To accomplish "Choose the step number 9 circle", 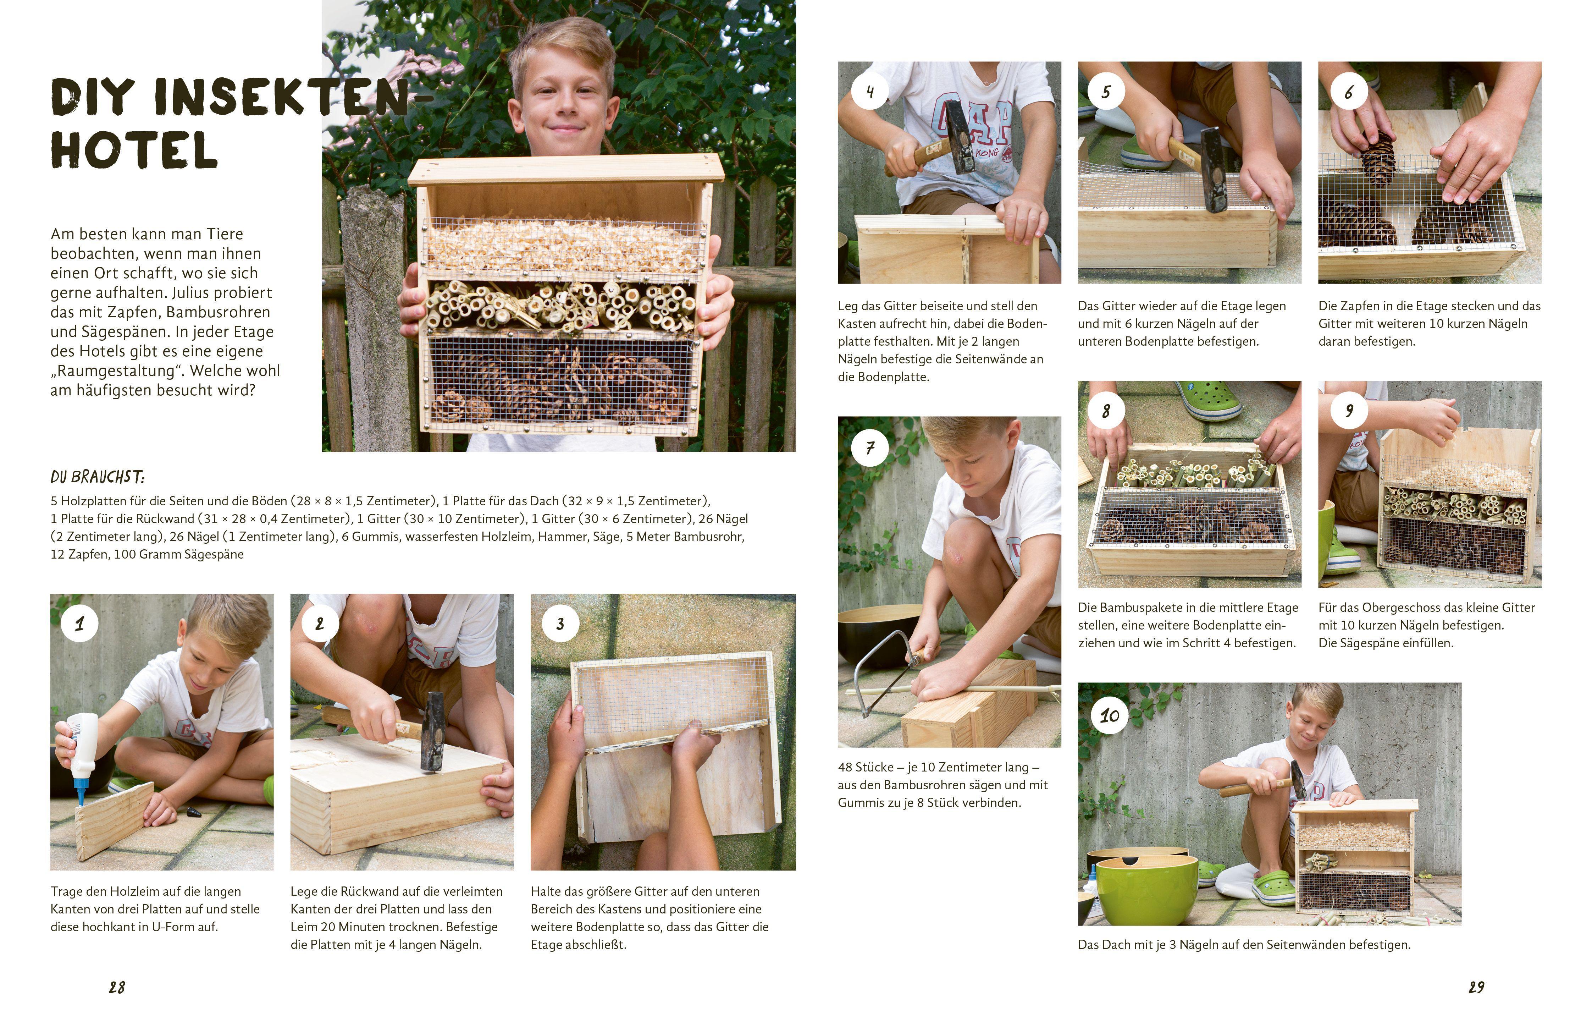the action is [1349, 411].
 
